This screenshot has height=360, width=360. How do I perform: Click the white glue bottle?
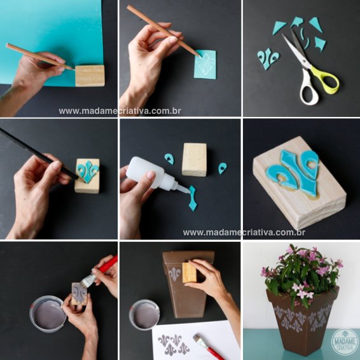(x=154, y=174)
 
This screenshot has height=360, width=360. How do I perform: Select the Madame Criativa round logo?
(x=344, y=342)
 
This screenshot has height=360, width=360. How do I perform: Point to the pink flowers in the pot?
(x=301, y=273)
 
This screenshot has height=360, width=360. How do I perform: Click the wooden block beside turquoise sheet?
(x=90, y=76)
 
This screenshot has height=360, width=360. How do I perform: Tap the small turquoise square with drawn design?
(x=205, y=64)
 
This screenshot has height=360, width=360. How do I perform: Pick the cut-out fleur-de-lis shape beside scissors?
(x=268, y=58)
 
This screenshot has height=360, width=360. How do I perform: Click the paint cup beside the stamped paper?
(x=144, y=315)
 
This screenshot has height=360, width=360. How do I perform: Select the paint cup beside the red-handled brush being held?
(x=48, y=314)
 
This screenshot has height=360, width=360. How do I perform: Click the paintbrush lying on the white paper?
(x=209, y=347)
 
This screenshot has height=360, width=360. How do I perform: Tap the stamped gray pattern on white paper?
(x=174, y=344)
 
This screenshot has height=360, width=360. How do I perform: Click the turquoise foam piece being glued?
(x=192, y=198)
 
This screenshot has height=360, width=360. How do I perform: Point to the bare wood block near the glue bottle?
(x=194, y=160)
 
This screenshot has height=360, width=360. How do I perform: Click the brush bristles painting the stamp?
(x=88, y=280)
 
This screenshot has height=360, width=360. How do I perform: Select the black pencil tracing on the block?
(x=39, y=154)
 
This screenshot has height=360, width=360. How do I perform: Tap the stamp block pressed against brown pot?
(x=189, y=272)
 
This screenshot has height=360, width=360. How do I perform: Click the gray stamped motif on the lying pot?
(x=174, y=274)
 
